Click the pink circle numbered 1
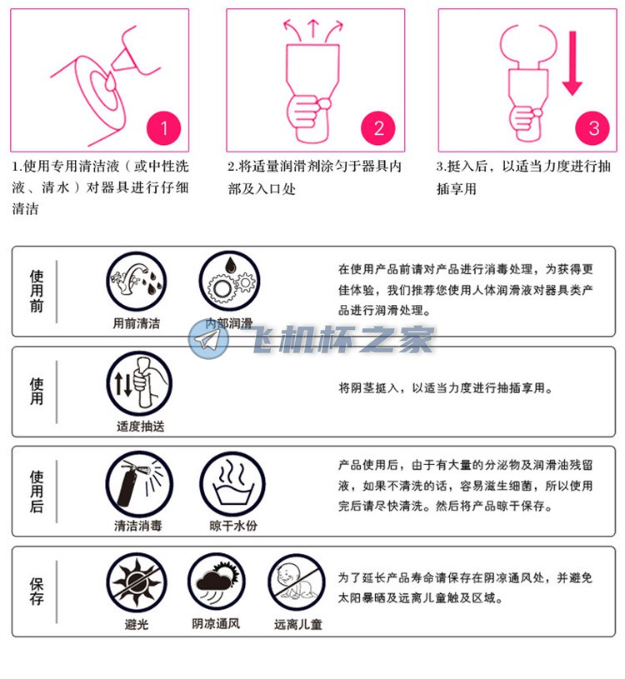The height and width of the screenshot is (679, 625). coord(164,128)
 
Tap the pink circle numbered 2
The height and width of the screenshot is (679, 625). coord(378,128)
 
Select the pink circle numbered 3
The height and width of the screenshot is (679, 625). coord(593,128)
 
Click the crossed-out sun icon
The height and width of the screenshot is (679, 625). coord(138,584)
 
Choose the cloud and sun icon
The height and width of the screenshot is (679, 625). coord(217,584)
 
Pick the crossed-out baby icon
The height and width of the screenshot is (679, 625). coord(297,584)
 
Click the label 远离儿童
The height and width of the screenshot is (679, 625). coord(297,624)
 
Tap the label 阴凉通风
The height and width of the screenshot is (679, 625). coord(217,623)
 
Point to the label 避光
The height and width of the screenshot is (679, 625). coord(137,624)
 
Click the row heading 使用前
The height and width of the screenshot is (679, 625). coord(37,290)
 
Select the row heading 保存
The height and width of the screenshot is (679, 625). coord(37,591)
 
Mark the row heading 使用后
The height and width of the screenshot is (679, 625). coord(37,492)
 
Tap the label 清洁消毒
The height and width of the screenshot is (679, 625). coord(138,526)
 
